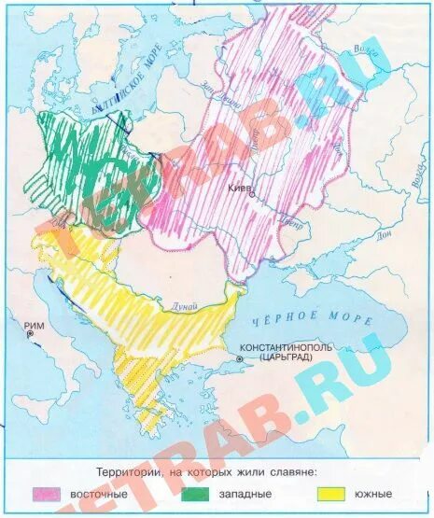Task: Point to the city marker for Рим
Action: click(x=31, y=333)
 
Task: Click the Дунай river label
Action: click(x=186, y=301)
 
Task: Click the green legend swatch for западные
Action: click(x=195, y=492)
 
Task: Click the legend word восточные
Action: click(x=104, y=492)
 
